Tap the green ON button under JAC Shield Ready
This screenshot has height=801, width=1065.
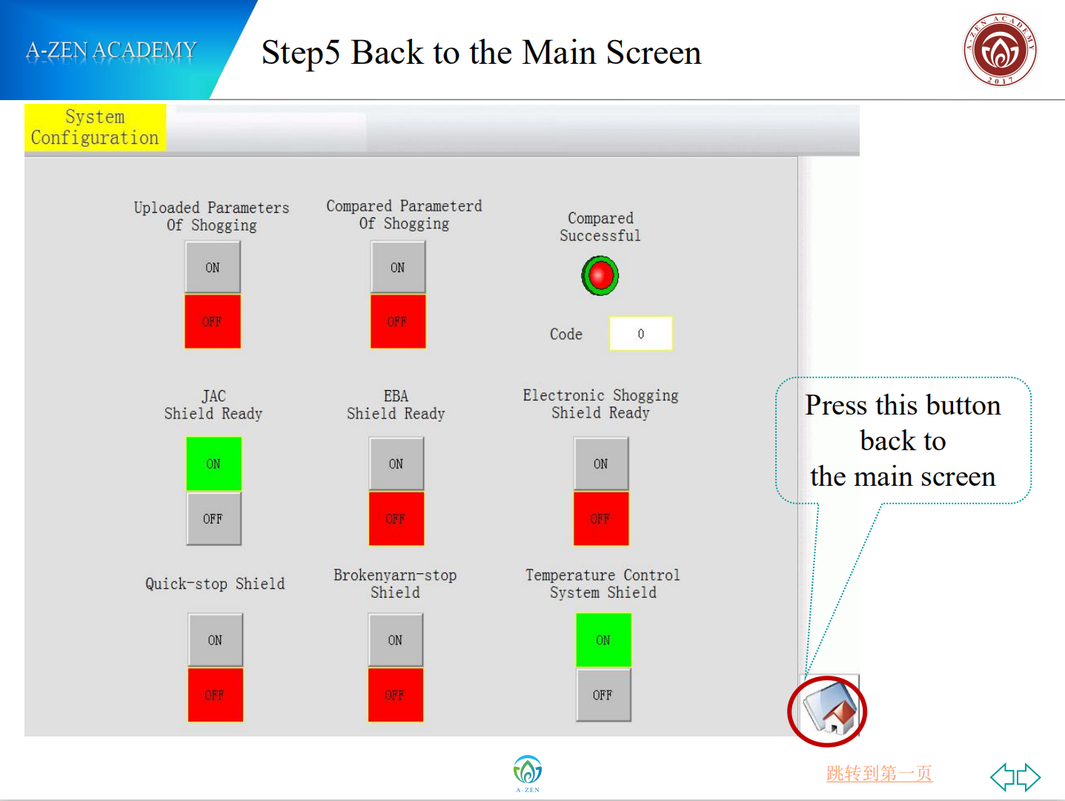click(214, 464)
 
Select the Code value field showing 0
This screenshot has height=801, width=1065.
click(641, 334)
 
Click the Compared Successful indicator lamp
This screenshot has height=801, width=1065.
click(600, 275)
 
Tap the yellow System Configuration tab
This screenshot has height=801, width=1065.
click(95, 127)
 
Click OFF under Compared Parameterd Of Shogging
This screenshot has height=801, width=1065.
click(398, 321)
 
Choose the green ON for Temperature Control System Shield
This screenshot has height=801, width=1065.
click(603, 640)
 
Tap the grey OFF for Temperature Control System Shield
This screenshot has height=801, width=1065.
click(603, 695)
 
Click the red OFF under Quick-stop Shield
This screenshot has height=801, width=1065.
click(216, 695)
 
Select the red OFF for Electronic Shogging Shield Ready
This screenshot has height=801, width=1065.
click(601, 518)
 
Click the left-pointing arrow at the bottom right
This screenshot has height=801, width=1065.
click(1003, 777)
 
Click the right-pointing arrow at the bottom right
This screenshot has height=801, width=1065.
click(1029, 777)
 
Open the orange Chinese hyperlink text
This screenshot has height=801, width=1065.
click(879, 774)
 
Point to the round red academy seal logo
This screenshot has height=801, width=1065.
click(1000, 50)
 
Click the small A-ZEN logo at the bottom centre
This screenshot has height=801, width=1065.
click(528, 774)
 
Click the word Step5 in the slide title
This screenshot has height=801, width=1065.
click(301, 53)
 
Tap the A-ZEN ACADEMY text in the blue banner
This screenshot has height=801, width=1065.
click(111, 50)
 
